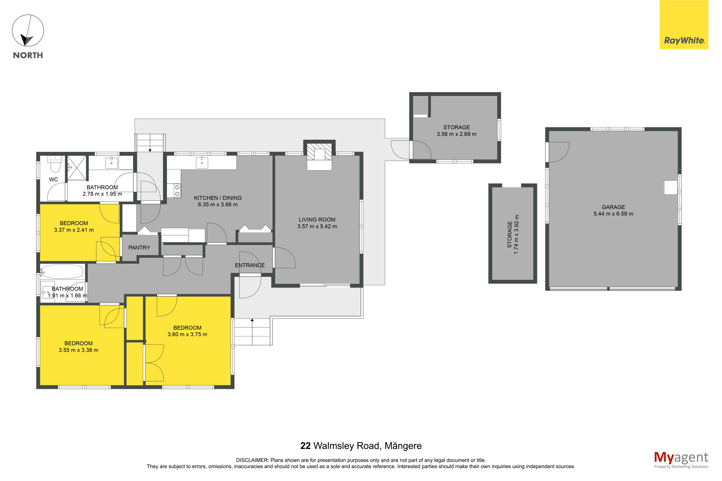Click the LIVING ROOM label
pos(317,220)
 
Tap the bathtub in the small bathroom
pos(62,271)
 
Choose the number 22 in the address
pos(305,446)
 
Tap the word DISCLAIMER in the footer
pos(252,460)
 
